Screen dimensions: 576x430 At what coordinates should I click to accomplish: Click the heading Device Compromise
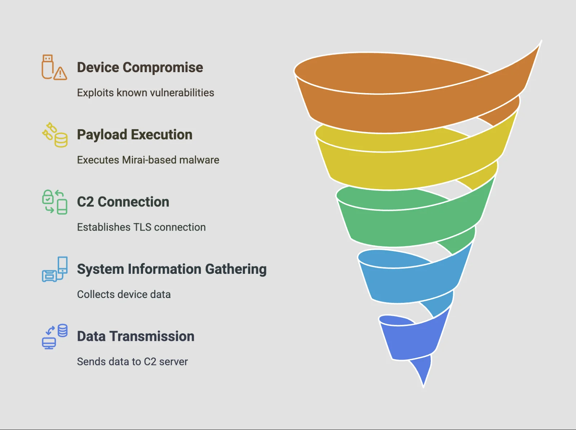(x=140, y=67)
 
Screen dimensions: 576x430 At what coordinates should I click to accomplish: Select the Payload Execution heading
(x=134, y=135)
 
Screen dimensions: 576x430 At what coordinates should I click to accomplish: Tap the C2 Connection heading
(x=123, y=202)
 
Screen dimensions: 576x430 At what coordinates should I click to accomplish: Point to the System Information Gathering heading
(x=172, y=269)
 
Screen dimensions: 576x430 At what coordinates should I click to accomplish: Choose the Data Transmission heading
(x=136, y=336)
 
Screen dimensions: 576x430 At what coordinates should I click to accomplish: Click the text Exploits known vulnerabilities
(x=145, y=93)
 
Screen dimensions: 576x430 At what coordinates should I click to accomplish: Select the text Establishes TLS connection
(x=141, y=227)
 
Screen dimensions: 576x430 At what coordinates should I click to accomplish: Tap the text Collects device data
(x=124, y=294)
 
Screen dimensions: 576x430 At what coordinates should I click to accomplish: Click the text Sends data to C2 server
(x=132, y=361)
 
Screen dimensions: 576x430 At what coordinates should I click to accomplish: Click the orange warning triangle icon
(x=60, y=74)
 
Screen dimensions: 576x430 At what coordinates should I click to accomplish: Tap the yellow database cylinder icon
(x=61, y=140)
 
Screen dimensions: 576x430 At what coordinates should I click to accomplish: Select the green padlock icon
(x=48, y=197)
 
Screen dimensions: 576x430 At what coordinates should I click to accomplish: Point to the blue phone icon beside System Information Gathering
(x=63, y=265)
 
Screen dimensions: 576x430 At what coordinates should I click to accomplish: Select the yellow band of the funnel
(x=409, y=168)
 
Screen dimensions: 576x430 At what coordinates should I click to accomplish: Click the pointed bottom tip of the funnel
(x=424, y=386)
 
